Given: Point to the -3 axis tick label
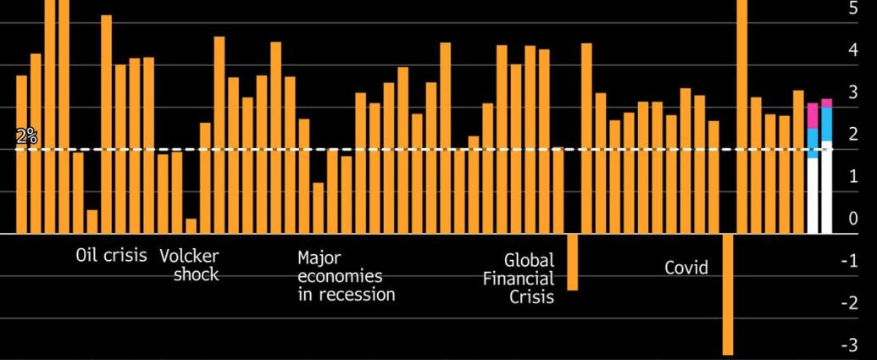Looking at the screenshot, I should click(x=849, y=346).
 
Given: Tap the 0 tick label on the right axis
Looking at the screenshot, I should click(x=852, y=219).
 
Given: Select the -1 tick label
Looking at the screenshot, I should click(x=849, y=261).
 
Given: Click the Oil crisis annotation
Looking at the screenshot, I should click(x=111, y=255).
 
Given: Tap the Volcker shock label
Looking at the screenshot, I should click(x=190, y=264).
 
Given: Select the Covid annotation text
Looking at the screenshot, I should click(x=686, y=269).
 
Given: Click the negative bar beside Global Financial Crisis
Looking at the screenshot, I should click(x=572, y=262).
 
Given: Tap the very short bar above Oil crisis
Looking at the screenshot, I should click(x=92, y=222).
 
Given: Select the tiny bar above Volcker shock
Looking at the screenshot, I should click(x=191, y=226).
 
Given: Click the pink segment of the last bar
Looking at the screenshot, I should click(x=827, y=102).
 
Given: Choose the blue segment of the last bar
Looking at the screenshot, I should click(x=827, y=124).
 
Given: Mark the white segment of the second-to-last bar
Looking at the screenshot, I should click(x=813, y=196).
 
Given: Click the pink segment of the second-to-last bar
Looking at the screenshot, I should click(x=813, y=116).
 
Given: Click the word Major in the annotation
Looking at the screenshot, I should click(x=319, y=257).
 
